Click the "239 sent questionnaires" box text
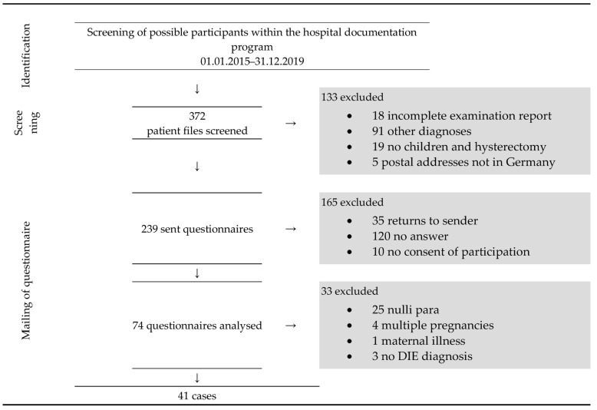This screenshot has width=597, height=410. [197, 229]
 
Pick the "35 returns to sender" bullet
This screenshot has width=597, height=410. [423, 221]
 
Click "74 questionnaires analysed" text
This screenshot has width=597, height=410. [197, 326]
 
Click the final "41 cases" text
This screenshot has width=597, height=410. [197, 396]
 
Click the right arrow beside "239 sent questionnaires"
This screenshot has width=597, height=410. [290, 229]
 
